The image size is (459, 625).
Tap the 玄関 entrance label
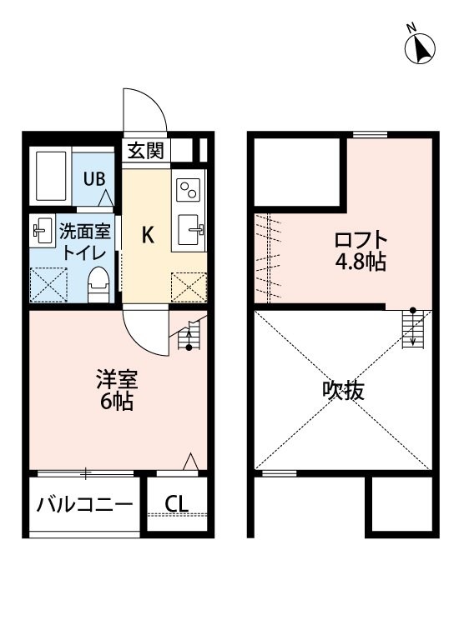[x=147, y=151]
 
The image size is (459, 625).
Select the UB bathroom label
[x=93, y=178]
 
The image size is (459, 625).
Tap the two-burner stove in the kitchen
[x=189, y=191]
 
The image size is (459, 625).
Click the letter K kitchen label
[x=147, y=236]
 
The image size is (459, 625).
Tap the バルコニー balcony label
[x=84, y=505]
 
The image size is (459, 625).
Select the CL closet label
[x=175, y=504]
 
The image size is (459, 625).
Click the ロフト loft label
[x=361, y=241]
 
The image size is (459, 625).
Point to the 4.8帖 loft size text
[x=361, y=262]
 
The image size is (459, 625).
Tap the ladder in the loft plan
[x=411, y=327]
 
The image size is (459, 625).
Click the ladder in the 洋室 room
[x=191, y=335]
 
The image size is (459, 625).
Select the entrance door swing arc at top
[x=143, y=110]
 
